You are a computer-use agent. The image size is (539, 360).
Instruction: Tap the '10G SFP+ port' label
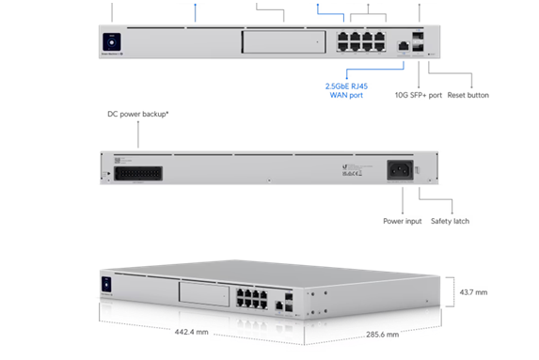(417, 95)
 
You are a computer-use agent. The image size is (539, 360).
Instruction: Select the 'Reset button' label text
(468, 95)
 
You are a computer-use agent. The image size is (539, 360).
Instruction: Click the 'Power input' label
(399, 222)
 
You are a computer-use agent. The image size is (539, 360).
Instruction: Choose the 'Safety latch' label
(450, 222)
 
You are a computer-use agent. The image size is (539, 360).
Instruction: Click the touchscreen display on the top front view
(112, 42)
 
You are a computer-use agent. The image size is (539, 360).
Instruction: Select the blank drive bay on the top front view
(274, 43)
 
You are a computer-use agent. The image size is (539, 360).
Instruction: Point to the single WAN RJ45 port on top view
(403, 44)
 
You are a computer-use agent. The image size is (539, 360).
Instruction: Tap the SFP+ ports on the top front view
(419, 41)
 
